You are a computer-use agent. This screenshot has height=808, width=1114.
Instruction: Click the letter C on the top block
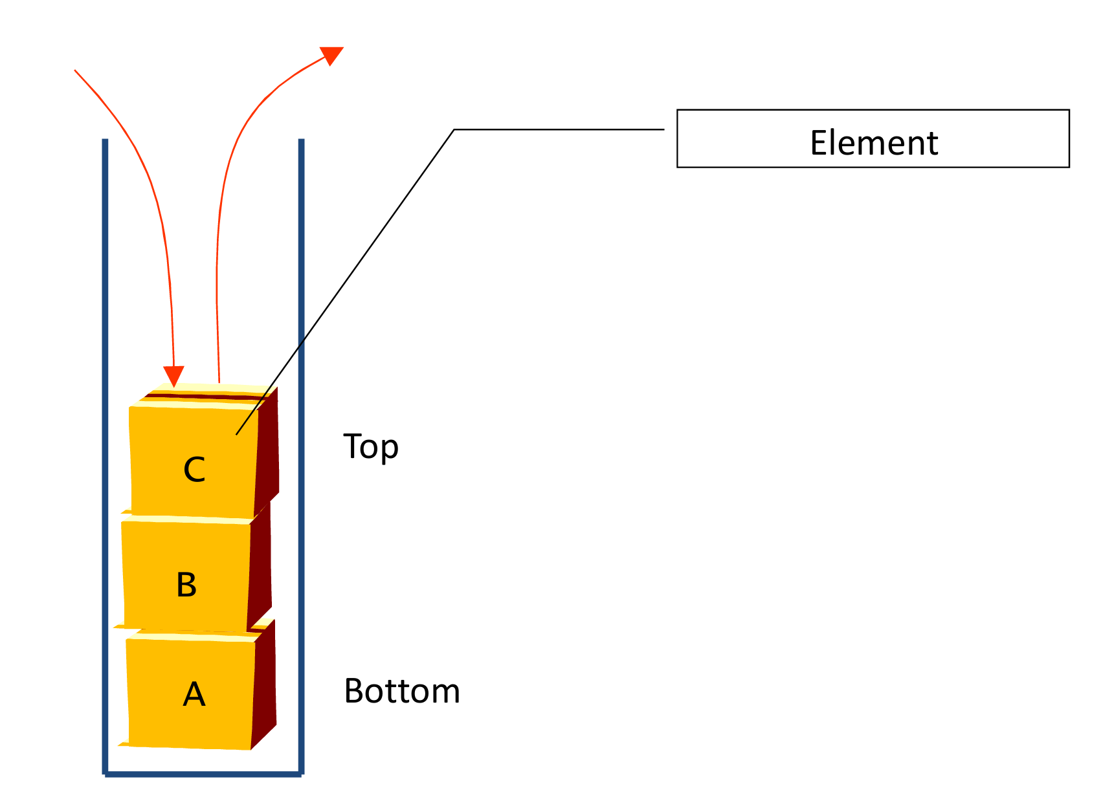[x=194, y=470]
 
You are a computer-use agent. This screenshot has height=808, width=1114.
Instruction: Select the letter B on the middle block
[x=186, y=585]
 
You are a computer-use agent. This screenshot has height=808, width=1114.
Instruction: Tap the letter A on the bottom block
[x=194, y=695]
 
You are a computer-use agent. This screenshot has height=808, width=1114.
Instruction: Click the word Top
[x=370, y=447]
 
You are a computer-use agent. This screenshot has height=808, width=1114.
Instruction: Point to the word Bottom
[x=401, y=692]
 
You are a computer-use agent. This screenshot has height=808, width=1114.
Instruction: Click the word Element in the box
[x=873, y=143]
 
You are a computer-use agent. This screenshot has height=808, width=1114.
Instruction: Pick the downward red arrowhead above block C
[x=173, y=375]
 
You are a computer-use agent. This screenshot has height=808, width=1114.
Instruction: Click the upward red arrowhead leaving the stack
[x=331, y=55]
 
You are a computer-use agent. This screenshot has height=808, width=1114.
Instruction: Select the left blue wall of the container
[x=105, y=453]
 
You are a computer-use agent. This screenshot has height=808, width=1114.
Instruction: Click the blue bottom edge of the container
[x=203, y=773]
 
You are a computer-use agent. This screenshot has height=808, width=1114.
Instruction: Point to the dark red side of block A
[x=264, y=686]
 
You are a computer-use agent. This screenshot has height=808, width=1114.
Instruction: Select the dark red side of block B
[x=260, y=569]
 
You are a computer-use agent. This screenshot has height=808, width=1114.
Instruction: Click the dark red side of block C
[x=268, y=453]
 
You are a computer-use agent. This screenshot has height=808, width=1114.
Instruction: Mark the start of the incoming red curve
[x=76, y=71]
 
